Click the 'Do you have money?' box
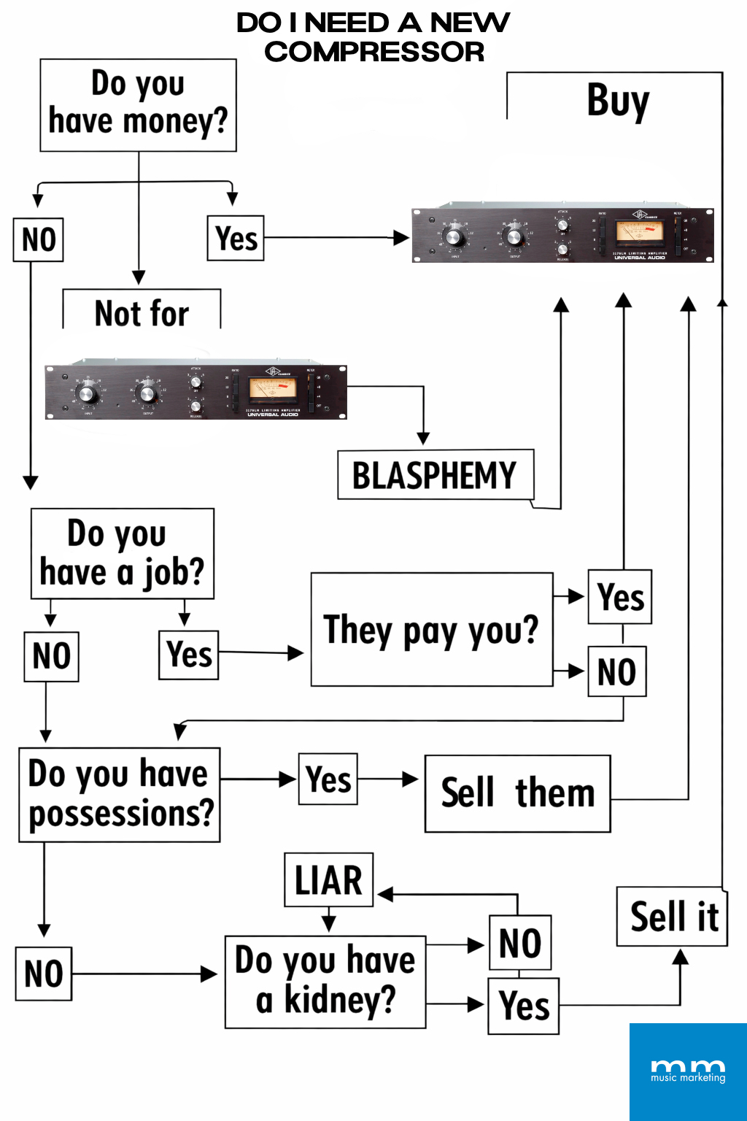click(x=138, y=105)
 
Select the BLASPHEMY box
click(x=435, y=475)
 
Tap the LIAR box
click(x=328, y=879)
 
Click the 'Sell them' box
click(x=517, y=793)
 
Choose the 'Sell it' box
click(x=673, y=917)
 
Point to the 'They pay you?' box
click(x=431, y=630)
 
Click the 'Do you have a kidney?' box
click(x=325, y=982)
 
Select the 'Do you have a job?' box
click(x=122, y=554)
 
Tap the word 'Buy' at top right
click(x=618, y=100)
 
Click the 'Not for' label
click(x=142, y=313)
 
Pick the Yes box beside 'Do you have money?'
click(x=236, y=238)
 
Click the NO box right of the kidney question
click(x=519, y=942)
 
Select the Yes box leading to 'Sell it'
click(x=523, y=1006)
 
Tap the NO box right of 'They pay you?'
click(x=616, y=671)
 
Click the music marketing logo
click(x=688, y=1071)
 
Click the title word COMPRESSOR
click(x=374, y=52)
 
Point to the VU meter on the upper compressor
click(x=639, y=231)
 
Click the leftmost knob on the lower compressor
click(x=87, y=395)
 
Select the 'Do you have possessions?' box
click(x=120, y=794)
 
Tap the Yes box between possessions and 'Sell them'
click(x=328, y=779)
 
